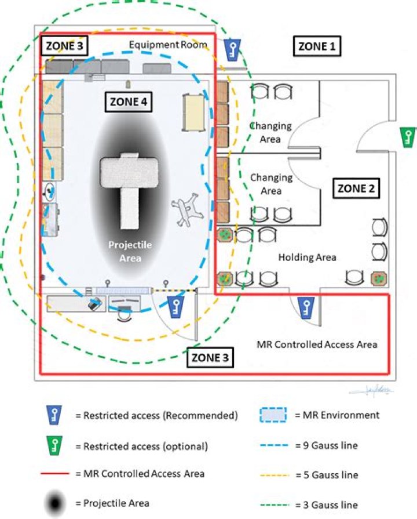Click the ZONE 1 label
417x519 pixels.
(x=316, y=46)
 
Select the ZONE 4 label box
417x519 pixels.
(x=128, y=101)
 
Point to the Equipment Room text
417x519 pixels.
(x=167, y=45)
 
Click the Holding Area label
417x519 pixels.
(x=307, y=256)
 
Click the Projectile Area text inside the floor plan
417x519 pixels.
(x=130, y=251)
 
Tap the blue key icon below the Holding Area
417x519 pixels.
(x=305, y=307)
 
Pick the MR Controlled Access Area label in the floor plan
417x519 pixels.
(x=317, y=344)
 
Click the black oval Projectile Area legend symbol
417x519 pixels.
(x=54, y=503)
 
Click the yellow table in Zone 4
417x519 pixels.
(x=193, y=112)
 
